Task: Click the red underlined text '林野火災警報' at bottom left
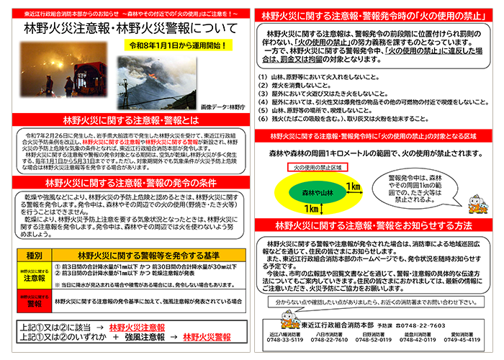tap(210, 336)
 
